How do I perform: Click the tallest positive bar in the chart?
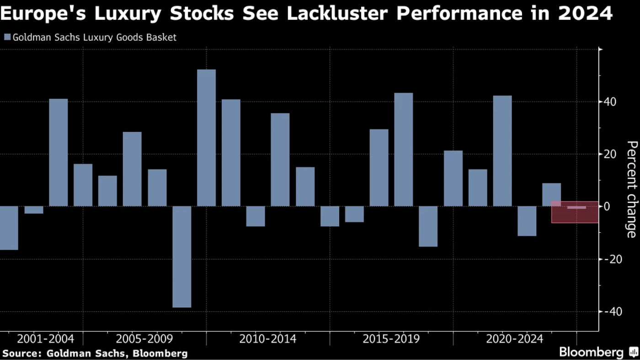tap(206, 137)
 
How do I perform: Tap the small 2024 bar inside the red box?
tap(576, 208)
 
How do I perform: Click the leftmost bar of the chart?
tap(9, 228)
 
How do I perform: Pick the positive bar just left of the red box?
tap(551, 194)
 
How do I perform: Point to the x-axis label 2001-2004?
tap(45, 339)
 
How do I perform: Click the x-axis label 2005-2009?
tap(144, 339)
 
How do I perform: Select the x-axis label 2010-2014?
tap(268, 339)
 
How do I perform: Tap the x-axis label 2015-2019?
tap(391, 339)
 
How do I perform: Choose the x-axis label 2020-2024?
tap(515, 339)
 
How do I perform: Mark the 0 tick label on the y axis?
tap(607, 206)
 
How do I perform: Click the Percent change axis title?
tap(631, 189)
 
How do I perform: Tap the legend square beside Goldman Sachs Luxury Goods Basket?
tap(7, 38)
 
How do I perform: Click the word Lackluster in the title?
tap(334, 14)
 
